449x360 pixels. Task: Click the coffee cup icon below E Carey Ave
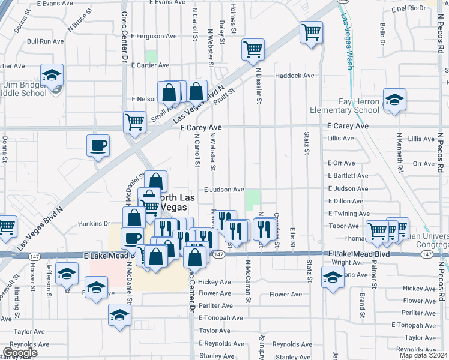(x=98, y=146)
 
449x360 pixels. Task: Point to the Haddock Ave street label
(x=295, y=76)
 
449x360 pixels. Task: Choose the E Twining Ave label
(x=348, y=214)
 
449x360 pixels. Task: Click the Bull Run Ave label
(x=44, y=41)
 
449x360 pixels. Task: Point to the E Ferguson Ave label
(x=155, y=36)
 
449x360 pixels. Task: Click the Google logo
(x=20, y=353)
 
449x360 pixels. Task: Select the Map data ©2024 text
(x=423, y=355)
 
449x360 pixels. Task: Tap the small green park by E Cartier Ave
(x=151, y=56)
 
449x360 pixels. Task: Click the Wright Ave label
(x=348, y=262)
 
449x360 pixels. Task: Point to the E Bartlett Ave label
(x=348, y=176)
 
